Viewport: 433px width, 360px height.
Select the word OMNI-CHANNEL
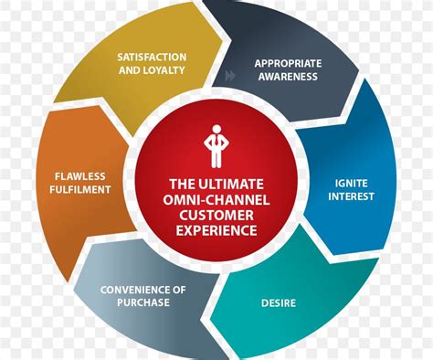tap(217, 197)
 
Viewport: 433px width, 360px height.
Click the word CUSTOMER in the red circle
tap(217, 214)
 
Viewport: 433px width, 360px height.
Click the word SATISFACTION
tap(152, 56)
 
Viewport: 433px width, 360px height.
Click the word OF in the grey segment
tap(179, 290)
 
